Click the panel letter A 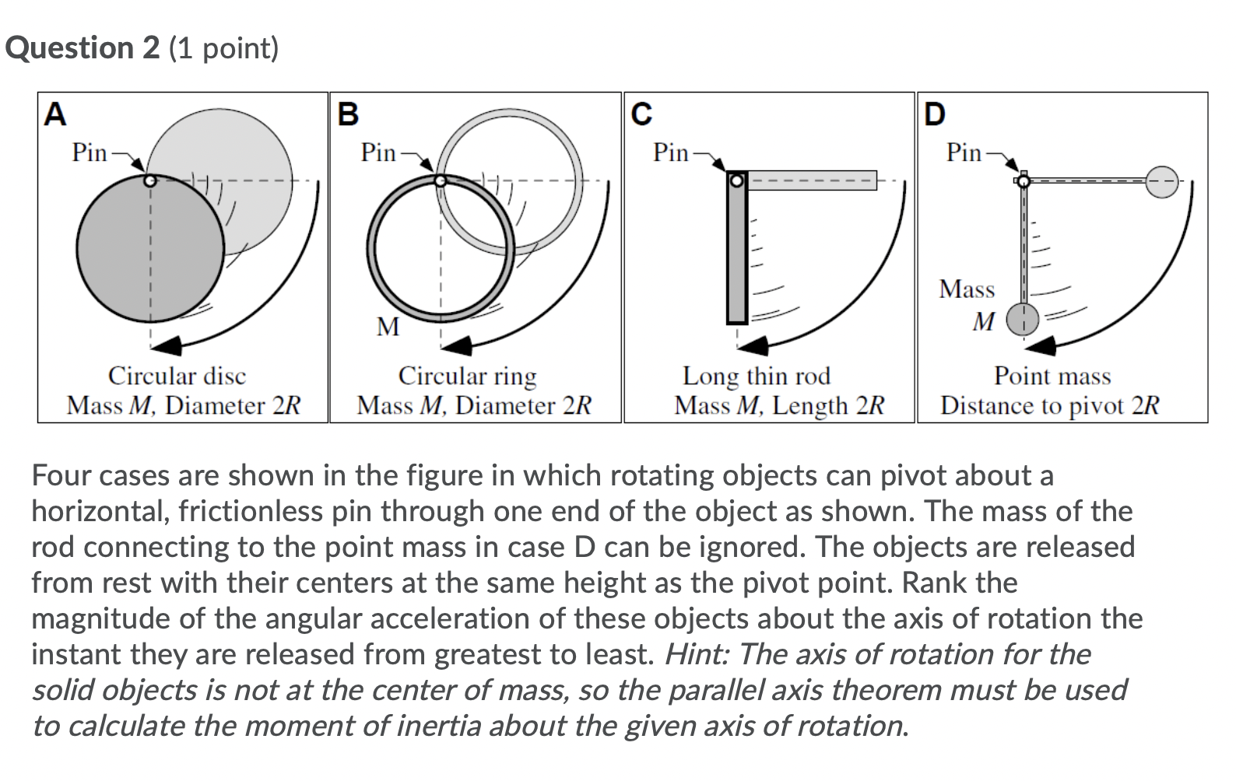pos(55,114)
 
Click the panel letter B pos(348,114)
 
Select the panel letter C pos(641,114)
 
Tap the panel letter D pos(934,114)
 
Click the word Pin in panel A pos(89,152)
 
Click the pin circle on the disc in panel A pos(151,180)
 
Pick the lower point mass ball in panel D pos(1024,319)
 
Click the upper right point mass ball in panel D pos(1163,181)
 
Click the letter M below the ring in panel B pos(388,327)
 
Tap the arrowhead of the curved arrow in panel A pos(168,345)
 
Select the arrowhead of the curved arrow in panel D pos(1040,345)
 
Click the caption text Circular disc pos(177,376)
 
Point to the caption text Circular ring pos(467,376)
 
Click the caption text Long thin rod pos(757,376)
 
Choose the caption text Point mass pos(1052,376)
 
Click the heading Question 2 pos(82,48)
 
